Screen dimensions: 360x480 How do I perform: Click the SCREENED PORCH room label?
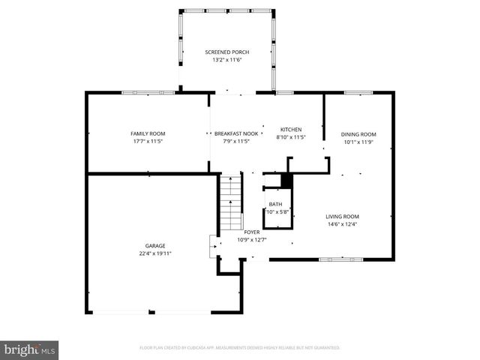(x=226, y=52)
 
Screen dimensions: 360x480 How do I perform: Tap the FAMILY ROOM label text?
(x=148, y=133)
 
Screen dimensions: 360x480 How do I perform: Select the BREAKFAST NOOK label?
(x=236, y=133)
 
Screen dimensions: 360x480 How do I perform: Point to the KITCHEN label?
(x=290, y=128)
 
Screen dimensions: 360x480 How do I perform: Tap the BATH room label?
(x=276, y=204)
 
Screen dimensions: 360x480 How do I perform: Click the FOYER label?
(x=252, y=232)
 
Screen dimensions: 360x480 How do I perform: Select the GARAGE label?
(x=155, y=245)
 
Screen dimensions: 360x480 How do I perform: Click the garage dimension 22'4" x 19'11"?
(x=155, y=253)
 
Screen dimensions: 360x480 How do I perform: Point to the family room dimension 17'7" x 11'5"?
(x=148, y=141)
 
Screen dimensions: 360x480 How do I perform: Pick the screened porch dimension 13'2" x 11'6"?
(x=226, y=60)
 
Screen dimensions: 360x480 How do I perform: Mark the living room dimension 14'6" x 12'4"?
(x=342, y=223)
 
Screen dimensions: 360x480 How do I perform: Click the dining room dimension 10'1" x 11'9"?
(x=358, y=141)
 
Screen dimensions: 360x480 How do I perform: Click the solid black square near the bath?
(x=286, y=181)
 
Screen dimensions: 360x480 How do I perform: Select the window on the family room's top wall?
(x=148, y=92)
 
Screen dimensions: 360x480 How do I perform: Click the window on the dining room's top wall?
(x=358, y=92)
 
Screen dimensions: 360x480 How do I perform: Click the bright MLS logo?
(x=30, y=349)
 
